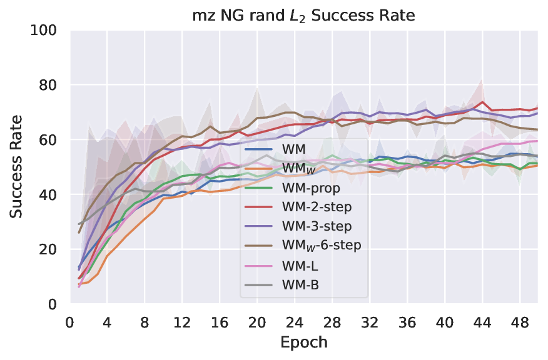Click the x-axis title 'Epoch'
point(303,342)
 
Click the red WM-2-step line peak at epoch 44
point(482,102)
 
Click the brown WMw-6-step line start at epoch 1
point(79,232)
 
